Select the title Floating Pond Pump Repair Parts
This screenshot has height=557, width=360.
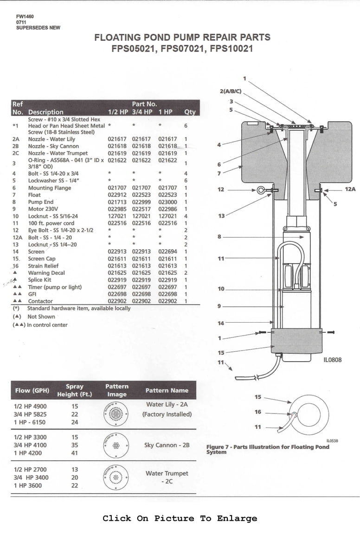[x=182, y=38]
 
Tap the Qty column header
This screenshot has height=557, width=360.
[x=190, y=112]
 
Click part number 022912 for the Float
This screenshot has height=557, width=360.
[x=117, y=195]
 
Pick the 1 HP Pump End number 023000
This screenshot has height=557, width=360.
[x=167, y=202]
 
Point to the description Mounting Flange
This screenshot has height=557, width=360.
[x=50, y=188]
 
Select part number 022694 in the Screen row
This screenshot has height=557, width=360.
[x=167, y=252]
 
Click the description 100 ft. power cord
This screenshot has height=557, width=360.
[x=51, y=223]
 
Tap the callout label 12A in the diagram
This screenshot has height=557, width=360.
[x=350, y=189]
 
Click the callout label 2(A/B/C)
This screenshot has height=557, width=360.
[x=231, y=91]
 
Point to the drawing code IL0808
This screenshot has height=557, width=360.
[x=333, y=359]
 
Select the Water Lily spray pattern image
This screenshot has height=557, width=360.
[x=116, y=413]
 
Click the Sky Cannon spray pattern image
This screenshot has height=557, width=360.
[x=116, y=445]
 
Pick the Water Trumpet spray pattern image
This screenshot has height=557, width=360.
[x=116, y=477]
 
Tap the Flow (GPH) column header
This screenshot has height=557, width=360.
[x=32, y=390]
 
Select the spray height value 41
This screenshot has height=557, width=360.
[x=75, y=453]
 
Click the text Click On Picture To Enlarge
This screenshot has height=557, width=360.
[x=180, y=518]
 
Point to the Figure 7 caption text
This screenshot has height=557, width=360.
[x=267, y=449]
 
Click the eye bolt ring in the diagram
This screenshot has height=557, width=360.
[x=261, y=190]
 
